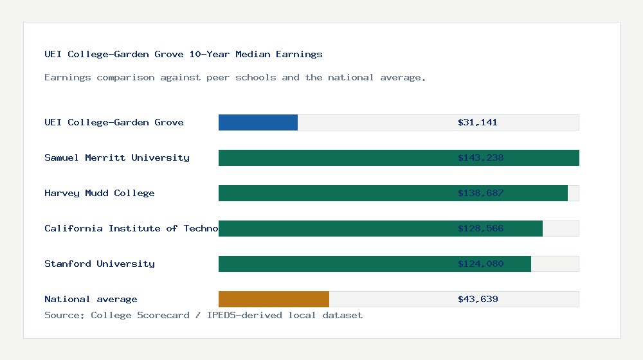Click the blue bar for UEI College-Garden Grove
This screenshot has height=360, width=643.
(x=258, y=122)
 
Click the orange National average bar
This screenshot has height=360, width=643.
(x=274, y=299)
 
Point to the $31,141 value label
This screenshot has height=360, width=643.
(x=477, y=122)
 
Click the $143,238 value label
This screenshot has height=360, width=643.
(x=480, y=157)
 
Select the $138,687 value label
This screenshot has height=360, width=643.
(x=480, y=193)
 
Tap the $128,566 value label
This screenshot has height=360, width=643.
(x=480, y=228)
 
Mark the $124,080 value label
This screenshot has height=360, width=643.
(x=480, y=264)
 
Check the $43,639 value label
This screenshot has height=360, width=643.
(x=478, y=299)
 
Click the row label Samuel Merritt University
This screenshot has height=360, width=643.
(x=117, y=157)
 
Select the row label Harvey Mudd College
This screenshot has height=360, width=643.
(x=100, y=193)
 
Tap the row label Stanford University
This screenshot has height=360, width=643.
(x=100, y=264)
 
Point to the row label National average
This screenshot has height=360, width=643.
(x=91, y=299)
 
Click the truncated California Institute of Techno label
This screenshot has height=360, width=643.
(x=131, y=228)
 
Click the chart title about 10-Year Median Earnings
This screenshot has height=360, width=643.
(x=183, y=54)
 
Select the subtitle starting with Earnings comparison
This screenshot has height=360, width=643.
(x=235, y=77)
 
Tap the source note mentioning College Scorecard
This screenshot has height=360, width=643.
(x=203, y=315)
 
